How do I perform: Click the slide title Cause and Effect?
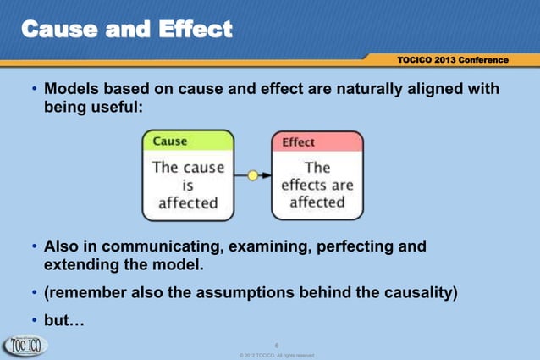point(126,30)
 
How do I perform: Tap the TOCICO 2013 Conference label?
point(452,60)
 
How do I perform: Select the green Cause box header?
point(187,141)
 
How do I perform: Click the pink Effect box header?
point(317,142)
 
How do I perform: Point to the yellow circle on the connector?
point(252,175)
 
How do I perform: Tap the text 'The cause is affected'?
point(188,185)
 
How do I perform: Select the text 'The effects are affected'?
point(317,185)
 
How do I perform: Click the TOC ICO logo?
point(25,346)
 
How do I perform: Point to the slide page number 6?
point(278,344)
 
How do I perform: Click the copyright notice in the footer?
point(278,355)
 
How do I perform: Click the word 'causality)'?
point(415,294)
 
